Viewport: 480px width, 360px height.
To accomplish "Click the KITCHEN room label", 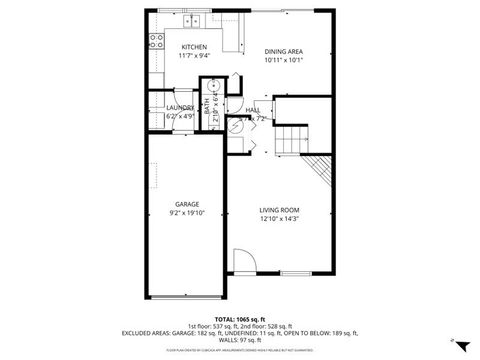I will pyautogui.click(x=194, y=47).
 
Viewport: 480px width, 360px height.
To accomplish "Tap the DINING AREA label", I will pyautogui.click(x=283, y=52).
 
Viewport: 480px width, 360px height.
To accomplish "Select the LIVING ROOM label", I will pyautogui.click(x=279, y=209).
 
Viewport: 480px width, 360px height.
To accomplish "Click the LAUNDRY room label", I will pyautogui.click(x=180, y=107).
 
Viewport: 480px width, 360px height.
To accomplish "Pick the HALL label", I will pyautogui.click(x=253, y=110).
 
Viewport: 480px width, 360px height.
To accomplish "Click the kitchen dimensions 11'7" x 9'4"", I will pyautogui.click(x=194, y=56).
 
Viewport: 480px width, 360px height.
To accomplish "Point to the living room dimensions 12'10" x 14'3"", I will pyautogui.click(x=279, y=218).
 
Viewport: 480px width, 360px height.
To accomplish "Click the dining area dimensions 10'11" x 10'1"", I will pyautogui.click(x=283, y=61).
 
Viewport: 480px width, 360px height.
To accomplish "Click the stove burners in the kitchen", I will pyautogui.click(x=156, y=41).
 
